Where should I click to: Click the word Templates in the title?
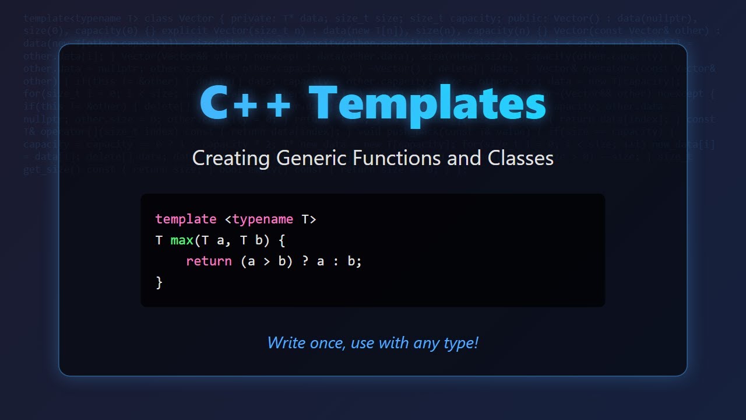[427, 103]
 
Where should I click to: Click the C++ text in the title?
[245, 103]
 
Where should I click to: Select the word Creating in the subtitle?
[231, 158]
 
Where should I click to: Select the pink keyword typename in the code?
[262, 219]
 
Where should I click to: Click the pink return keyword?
[209, 261]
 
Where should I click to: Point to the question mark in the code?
[305, 261]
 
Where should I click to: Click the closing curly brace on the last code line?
[159, 282]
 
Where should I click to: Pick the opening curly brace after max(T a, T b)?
[281, 240]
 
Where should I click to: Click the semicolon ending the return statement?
[360, 261]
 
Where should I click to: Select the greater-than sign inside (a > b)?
[266, 261]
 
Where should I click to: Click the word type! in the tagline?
[460, 343]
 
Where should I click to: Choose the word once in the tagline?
[327, 342]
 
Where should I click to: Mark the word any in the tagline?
[425, 343]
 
